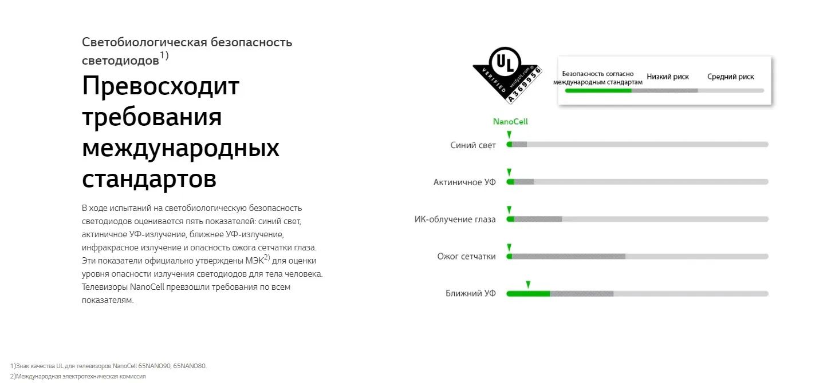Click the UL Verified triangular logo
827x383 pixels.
click(507, 72)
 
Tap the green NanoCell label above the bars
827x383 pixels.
click(510, 122)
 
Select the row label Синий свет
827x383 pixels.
click(473, 145)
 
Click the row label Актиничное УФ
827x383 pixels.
click(464, 182)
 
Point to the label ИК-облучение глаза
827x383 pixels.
click(455, 220)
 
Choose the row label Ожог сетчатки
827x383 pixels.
click(466, 257)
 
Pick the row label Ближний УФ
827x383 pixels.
click(471, 294)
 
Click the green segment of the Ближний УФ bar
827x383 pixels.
click(528, 294)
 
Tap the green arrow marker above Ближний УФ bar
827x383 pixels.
click(528, 284)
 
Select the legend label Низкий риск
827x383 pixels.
click(668, 77)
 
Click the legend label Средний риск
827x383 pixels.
click(730, 77)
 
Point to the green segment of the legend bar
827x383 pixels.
click(598, 90)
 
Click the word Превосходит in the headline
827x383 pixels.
click(160, 86)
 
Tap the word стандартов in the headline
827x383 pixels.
click(149, 178)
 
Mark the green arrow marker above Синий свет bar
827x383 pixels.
click(509, 135)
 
